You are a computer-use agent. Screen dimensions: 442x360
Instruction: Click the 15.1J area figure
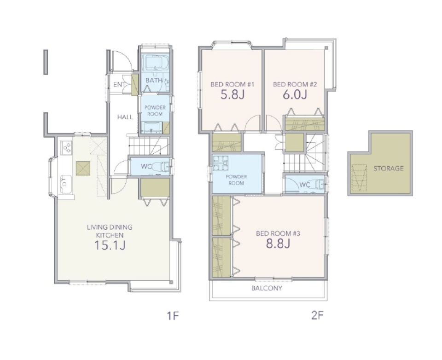(x=110, y=245)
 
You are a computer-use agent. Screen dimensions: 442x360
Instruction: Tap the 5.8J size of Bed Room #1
(x=232, y=95)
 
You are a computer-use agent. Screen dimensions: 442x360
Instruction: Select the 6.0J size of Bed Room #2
(x=295, y=95)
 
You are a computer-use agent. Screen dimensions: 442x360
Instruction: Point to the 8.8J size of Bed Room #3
(x=278, y=244)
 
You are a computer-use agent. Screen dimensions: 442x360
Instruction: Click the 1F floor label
(x=173, y=316)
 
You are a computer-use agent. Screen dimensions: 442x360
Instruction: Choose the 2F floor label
(x=317, y=315)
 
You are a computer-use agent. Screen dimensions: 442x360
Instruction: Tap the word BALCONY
(x=267, y=288)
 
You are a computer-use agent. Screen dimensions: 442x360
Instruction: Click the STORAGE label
(x=389, y=168)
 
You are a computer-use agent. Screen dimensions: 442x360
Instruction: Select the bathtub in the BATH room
(x=155, y=62)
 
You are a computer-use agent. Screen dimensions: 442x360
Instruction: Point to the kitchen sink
(x=66, y=184)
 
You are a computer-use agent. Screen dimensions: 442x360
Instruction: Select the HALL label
(x=125, y=117)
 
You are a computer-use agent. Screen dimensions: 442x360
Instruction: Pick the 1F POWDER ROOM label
(x=155, y=110)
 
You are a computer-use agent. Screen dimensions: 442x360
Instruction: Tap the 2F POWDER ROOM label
(x=236, y=180)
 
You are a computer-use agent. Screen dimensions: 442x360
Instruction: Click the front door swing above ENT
(x=122, y=61)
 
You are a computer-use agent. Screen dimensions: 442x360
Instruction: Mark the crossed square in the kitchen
(x=83, y=168)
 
